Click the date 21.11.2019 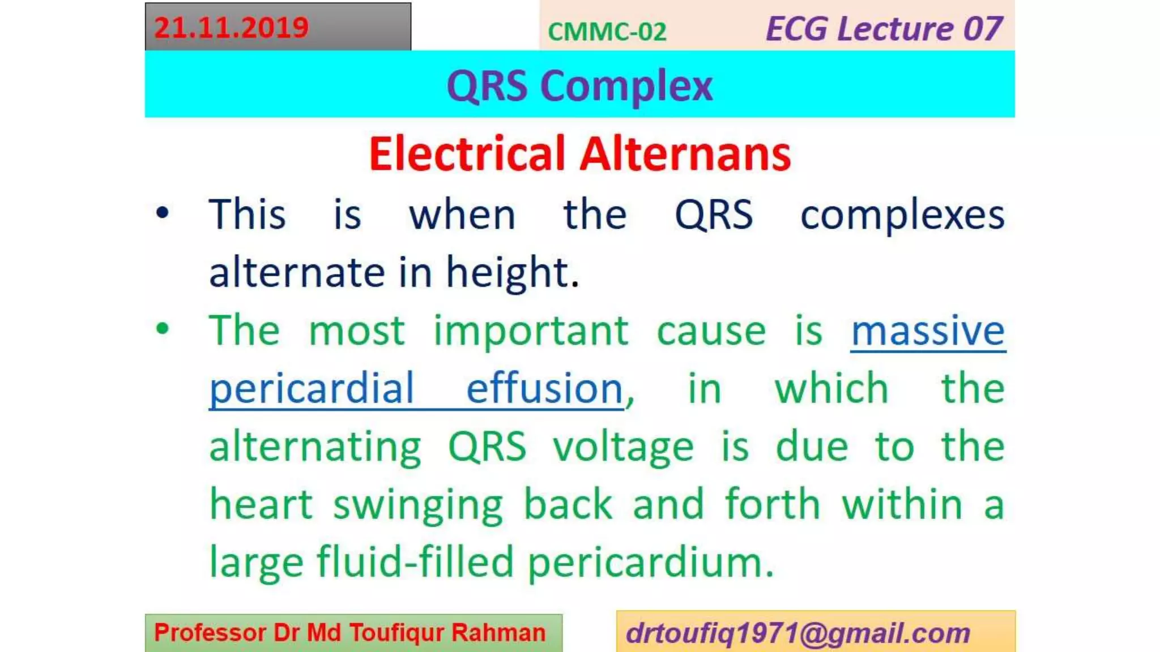pyautogui.click(x=231, y=28)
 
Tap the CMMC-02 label pyautogui.click(x=607, y=32)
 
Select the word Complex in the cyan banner pyautogui.click(x=626, y=86)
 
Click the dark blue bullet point pyautogui.click(x=163, y=213)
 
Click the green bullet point pyautogui.click(x=163, y=329)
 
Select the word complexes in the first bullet pyautogui.click(x=902, y=216)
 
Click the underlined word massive pyautogui.click(x=928, y=331)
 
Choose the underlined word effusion pyautogui.click(x=544, y=389)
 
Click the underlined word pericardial pyautogui.click(x=312, y=389)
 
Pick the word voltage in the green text pyautogui.click(x=623, y=448)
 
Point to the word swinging pyautogui.click(x=418, y=505)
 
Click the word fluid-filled pyautogui.click(x=415, y=562)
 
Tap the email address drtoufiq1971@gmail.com pyautogui.click(x=797, y=633)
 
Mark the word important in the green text pyautogui.click(x=531, y=332)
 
